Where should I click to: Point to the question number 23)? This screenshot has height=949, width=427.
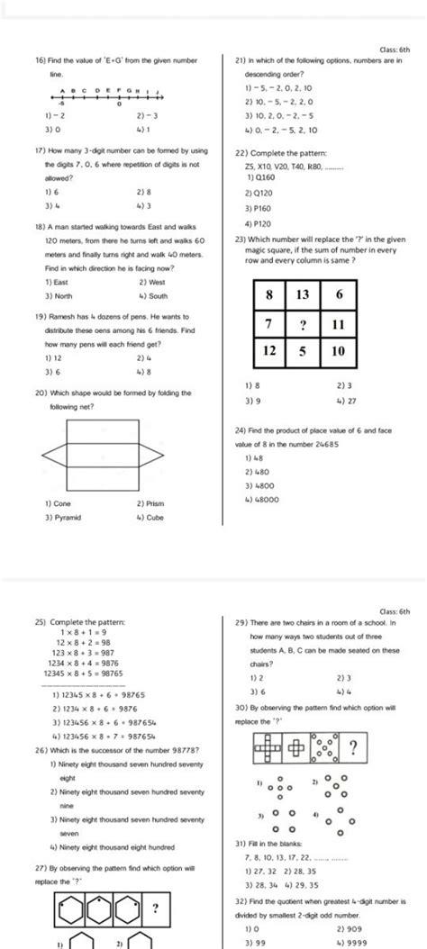point(241,239)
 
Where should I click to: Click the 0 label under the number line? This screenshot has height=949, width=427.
point(119,104)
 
